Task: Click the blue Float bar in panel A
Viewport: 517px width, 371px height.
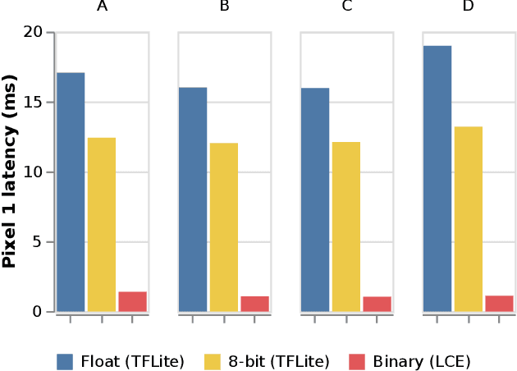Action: pyautogui.click(x=71, y=192)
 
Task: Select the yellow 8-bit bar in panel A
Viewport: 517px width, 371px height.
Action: pyautogui.click(x=102, y=225)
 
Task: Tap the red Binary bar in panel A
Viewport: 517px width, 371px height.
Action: pyautogui.click(x=132, y=302)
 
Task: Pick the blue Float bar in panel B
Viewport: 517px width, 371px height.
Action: pyautogui.click(x=193, y=199)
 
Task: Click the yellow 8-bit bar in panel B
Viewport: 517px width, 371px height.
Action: pyautogui.click(x=224, y=227)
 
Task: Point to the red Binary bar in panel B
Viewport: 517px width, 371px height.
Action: pyautogui.click(x=254, y=304)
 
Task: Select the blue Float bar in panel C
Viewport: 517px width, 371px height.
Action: pyautogui.click(x=315, y=199)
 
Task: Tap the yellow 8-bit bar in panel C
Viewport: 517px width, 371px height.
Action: pyautogui.click(x=346, y=227)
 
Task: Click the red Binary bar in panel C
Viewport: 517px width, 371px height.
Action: pyautogui.click(x=377, y=304)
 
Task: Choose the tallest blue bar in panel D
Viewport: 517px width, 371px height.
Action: pyautogui.click(x=437, y=179)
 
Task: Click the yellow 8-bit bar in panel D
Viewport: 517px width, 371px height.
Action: pyautogui.click(x=469, y=219)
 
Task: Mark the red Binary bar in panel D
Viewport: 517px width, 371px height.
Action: pyautogui.click(x=499, y=304)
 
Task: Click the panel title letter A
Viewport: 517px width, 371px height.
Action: pyautogui.click(x=102, y=7)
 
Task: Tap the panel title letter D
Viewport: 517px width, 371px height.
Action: pyautogui.click(x=469, y=7)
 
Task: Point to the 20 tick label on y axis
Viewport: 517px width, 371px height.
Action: pyautogui.click(x=34, y=33)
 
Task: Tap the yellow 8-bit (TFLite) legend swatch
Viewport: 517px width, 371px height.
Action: pyautogui.click(x=213, y=361)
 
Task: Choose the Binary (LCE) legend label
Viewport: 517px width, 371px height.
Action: pyautogui.click(x=422, y=361)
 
